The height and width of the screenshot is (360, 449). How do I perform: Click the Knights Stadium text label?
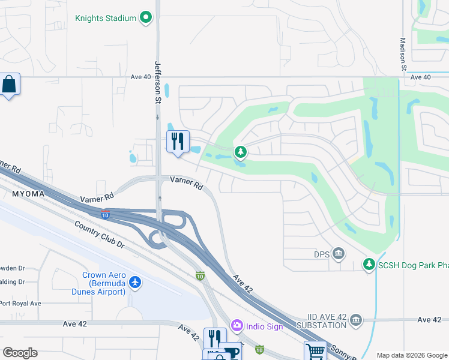coord(106,18)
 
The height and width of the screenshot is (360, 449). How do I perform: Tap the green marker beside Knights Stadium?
coord(146,18)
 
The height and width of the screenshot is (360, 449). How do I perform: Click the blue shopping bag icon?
coord(10,84)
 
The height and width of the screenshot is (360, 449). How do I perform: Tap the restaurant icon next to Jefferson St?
coord(178,142)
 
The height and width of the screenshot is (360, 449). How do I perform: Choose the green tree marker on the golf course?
coord(240,152)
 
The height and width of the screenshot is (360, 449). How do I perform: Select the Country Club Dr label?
coord(99,235)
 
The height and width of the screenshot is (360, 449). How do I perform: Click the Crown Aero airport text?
coord(103,283)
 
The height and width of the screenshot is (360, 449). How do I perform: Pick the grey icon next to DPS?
coord(339,254)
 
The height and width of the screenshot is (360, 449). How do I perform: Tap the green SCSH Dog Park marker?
coord(369,264)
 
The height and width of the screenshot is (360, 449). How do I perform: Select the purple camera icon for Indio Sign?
coord(237,325)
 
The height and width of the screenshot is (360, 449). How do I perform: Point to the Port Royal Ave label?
coord(20,304)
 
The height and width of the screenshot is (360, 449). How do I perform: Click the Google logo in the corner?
coord(20,353)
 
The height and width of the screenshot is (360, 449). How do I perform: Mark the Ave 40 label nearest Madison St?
coord(421,77)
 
